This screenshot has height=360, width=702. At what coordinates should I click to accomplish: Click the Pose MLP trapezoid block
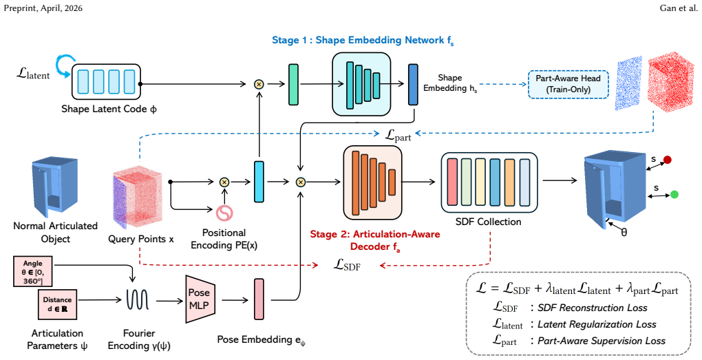coord(200,299)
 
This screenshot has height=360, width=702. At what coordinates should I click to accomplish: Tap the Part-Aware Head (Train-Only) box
coord(568,84)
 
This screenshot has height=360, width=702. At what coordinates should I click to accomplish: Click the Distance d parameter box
coord(57,304)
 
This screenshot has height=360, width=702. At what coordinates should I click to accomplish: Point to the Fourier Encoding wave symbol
coord(138,299)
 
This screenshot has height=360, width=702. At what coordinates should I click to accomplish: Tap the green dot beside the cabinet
coord(674,194)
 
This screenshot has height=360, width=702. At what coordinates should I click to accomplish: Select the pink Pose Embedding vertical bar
coord(259,299)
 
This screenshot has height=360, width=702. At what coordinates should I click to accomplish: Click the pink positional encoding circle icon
coord(224,213)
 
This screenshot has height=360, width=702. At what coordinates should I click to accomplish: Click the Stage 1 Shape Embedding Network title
coord(363,41)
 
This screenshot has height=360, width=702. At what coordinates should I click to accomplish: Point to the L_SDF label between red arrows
coord(347,265)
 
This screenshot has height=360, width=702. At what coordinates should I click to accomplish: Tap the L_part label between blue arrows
coord(398,135)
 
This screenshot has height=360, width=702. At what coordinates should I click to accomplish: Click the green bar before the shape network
coord(293,85)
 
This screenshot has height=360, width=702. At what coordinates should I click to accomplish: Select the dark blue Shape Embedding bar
coord(413,85)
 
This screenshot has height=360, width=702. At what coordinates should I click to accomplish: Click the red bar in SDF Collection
coord(452,182)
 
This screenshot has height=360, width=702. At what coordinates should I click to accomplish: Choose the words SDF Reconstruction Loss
coord(593,308)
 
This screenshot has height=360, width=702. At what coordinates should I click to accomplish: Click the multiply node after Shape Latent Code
coord(259,84)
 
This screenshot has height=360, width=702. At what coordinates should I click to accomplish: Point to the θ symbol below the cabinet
coord(624,233)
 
